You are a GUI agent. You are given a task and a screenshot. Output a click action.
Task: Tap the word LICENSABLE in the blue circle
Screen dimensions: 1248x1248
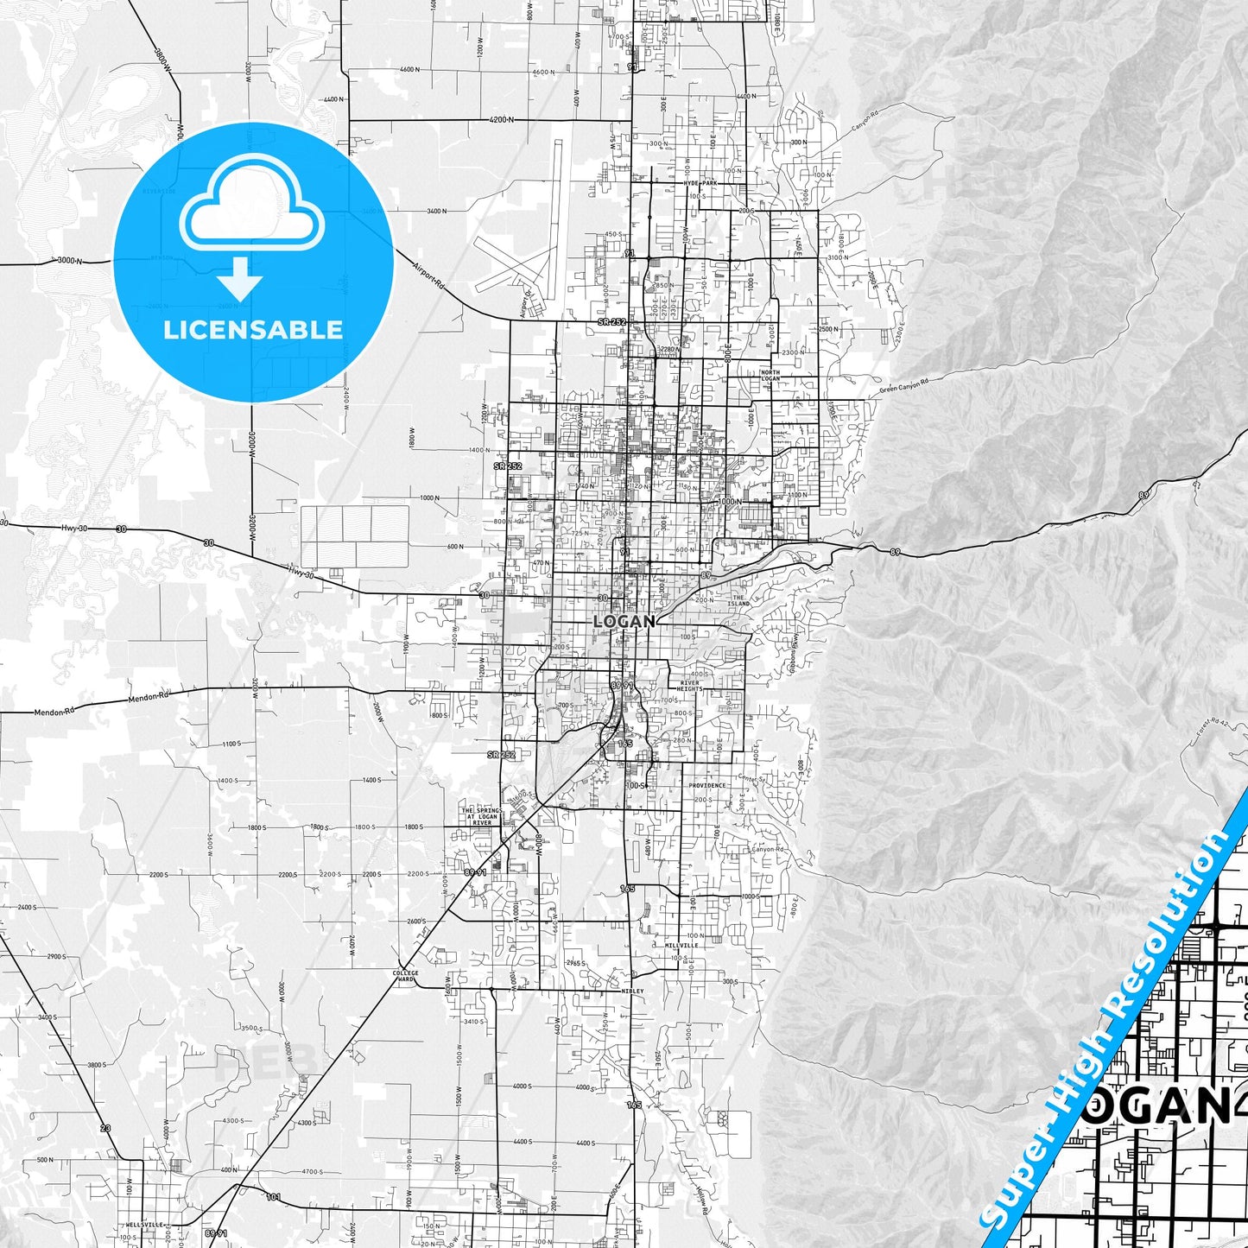click(253, 330)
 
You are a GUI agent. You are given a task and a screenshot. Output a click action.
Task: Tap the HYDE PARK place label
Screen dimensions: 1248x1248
click(700, 183)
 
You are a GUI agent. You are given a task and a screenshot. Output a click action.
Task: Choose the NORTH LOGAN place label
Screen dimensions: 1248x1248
click(770, 375)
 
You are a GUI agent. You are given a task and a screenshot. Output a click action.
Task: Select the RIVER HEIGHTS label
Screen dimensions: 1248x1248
click(689, 685)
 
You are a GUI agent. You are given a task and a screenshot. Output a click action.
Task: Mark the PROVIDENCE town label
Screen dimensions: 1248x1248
click(707, 785)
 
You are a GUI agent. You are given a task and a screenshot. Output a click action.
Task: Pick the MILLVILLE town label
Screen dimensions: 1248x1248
click(681, 945)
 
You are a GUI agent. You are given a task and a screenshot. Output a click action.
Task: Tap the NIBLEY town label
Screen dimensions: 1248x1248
click(632, 991)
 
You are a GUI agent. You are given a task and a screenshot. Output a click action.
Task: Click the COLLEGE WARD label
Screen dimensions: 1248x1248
click(405, 977)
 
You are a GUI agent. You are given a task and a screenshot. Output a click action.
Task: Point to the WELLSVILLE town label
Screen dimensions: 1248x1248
click(144, 1225)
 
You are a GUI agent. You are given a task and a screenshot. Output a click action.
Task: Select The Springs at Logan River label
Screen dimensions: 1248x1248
click(480, 816)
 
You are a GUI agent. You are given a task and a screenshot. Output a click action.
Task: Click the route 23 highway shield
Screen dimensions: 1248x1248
click(105, 1128)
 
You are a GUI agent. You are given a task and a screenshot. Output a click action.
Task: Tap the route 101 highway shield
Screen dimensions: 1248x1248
click(273, 1196)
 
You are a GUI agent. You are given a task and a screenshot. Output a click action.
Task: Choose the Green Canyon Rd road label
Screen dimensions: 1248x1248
click(904, 385)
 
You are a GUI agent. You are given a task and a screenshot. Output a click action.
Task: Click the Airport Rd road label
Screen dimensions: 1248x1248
click(428, 275)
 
